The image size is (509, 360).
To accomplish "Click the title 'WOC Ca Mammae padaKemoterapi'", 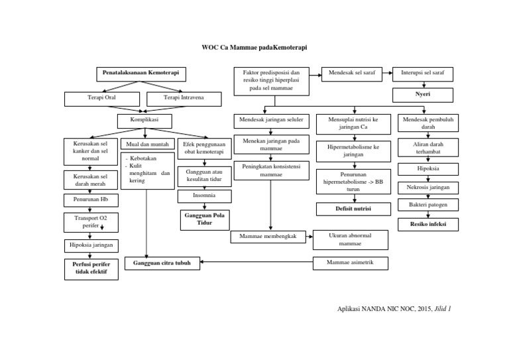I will [254, 48].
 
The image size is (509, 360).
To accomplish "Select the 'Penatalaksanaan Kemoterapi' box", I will [141, 73].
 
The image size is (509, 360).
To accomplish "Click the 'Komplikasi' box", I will [144, 121].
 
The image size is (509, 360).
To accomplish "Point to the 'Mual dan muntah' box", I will [146, 144].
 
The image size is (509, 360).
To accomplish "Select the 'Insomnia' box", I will [204, 196].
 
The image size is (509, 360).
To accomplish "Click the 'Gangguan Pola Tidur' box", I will [204, 219].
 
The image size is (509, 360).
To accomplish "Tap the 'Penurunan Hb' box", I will [91, 200].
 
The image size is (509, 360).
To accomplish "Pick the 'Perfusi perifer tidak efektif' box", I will [91, 268].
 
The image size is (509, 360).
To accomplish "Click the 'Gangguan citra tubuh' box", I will [162, 263].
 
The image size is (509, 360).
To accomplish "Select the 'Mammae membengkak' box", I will [268, 237].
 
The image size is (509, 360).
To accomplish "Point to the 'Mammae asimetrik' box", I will [350, 263].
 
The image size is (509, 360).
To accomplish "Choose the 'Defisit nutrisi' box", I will [353, 209].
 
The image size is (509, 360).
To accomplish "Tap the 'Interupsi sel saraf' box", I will [423, 74].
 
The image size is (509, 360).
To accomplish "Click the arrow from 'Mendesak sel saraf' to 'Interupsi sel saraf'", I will [388, 74].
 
